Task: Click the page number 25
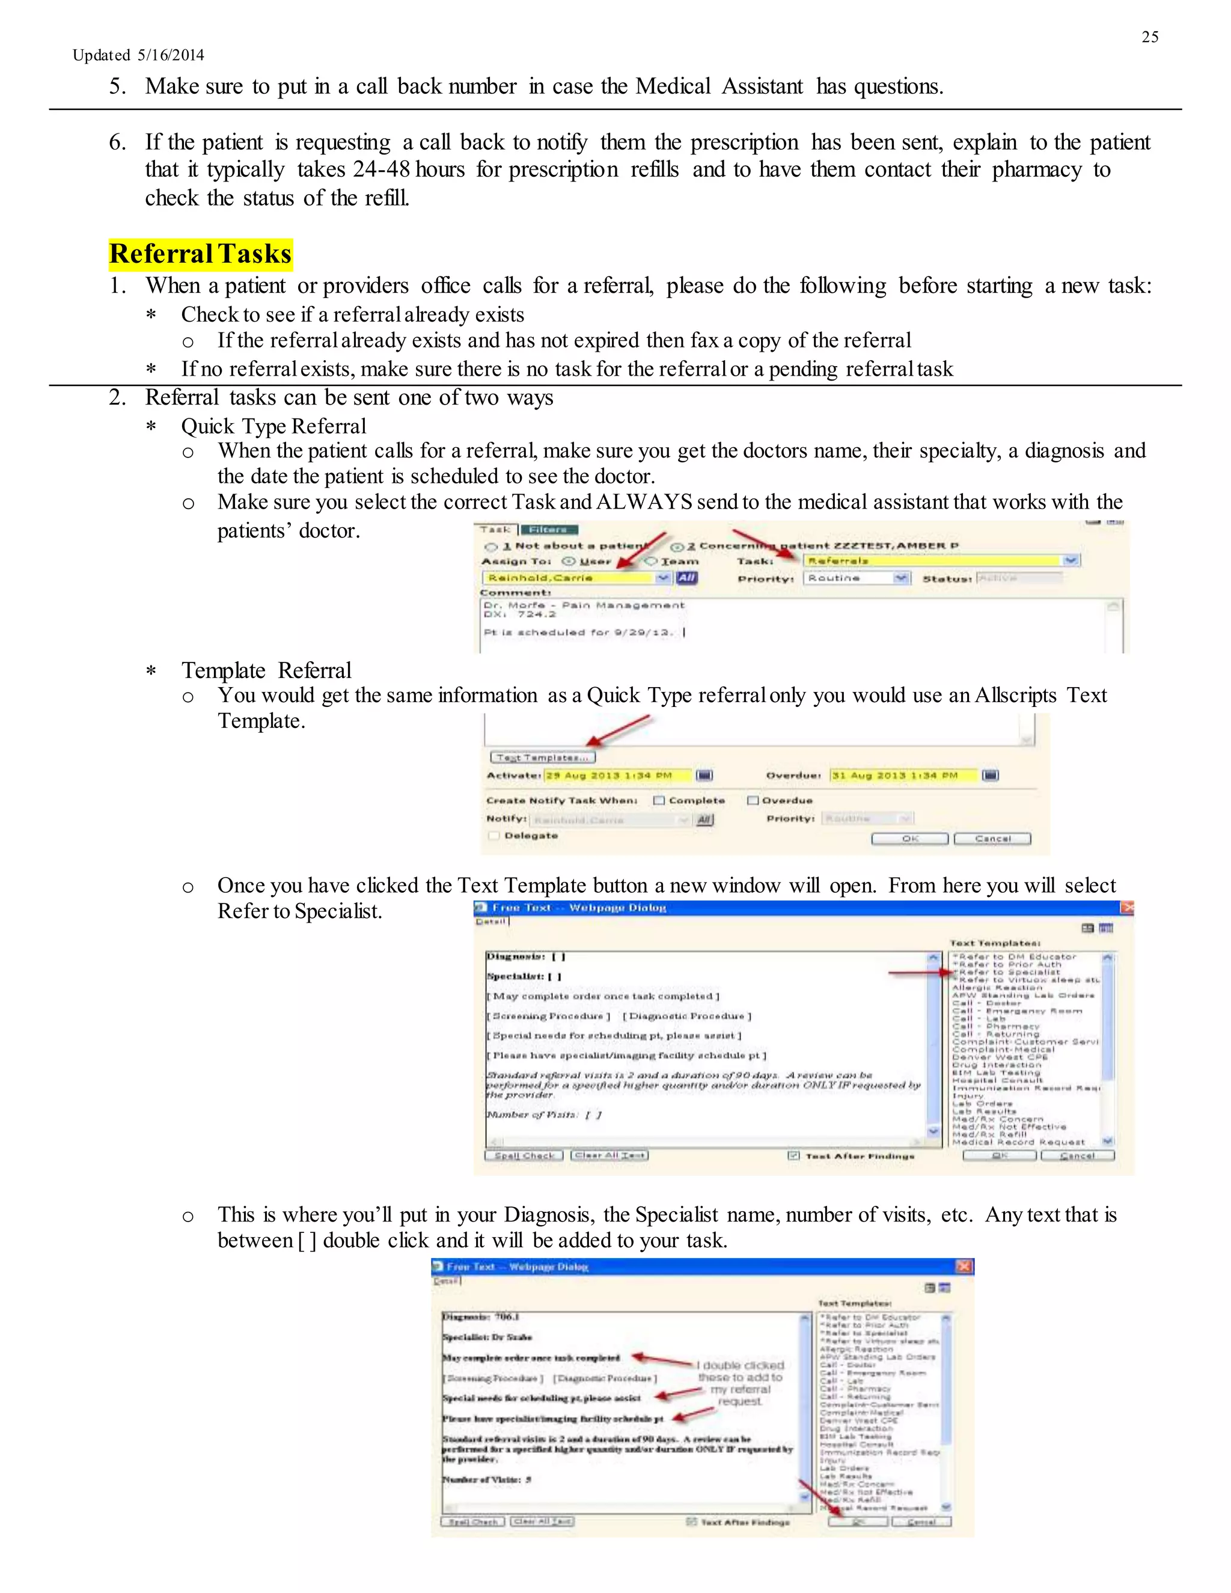pos(1149,37)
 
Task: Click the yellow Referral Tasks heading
pos(201,254)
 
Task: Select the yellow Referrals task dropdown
pos(940,560)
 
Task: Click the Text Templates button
pos(542,757)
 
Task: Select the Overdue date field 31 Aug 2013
pos(902,775)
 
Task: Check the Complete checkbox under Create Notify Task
pos(659,800)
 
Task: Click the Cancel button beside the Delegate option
pos(992,839)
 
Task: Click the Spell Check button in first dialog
pos(524,1155)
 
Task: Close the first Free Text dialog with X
pos(1127,907)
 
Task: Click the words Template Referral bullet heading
pos(266,670)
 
